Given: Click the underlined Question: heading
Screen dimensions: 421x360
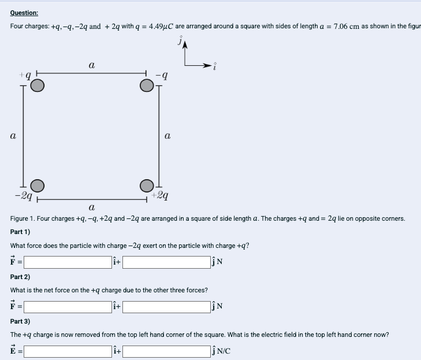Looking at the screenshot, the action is click(24, 13).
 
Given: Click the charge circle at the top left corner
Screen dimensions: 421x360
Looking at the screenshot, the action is click(37, 86).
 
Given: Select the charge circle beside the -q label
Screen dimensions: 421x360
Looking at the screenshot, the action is click(147, 86).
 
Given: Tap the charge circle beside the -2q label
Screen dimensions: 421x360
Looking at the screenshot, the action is click(37, 185).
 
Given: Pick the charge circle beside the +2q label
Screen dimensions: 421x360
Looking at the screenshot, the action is click(147, 185).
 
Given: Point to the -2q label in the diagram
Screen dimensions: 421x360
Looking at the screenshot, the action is click(23, 195).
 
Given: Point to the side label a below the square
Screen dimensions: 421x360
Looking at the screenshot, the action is click(92, 207).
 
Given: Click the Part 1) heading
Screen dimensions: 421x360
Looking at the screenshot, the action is click(20, 232).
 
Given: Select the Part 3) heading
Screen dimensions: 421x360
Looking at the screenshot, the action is click(20, 321).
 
